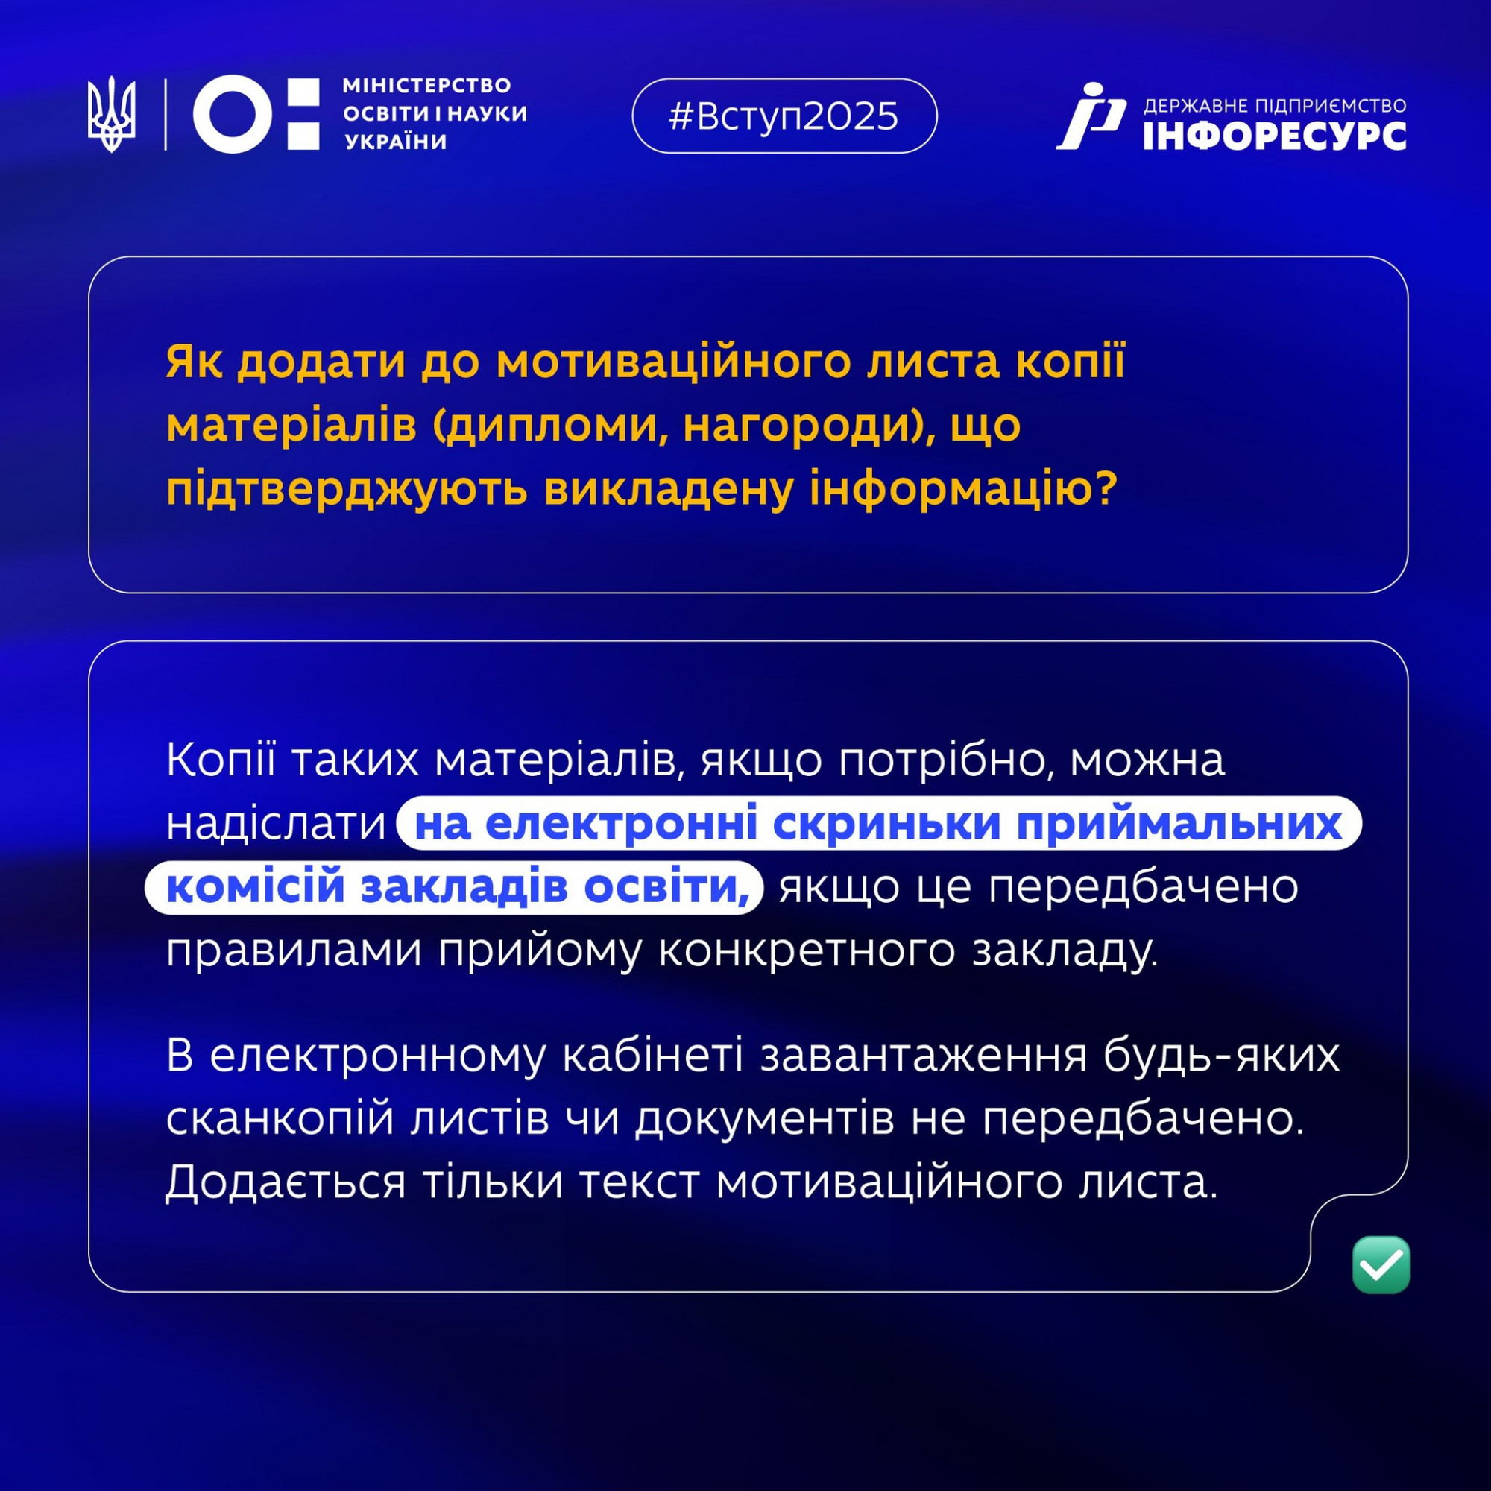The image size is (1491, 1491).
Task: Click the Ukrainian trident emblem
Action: coord(111,114)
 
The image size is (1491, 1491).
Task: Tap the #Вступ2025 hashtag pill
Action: coord(784,116)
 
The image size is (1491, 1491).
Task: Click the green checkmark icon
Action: coord(1381,1265)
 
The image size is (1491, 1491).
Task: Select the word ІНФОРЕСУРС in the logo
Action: coord(1275,136)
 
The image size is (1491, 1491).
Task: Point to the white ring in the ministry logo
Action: coord(233,114)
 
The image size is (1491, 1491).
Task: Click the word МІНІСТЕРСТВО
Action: coord(426,85)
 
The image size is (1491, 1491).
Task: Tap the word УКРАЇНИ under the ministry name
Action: coord(396,142)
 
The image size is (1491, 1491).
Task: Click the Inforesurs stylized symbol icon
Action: coord(1091,116)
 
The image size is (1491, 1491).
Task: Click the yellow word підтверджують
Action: coord(347,491)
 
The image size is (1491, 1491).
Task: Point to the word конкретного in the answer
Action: coord(807,950)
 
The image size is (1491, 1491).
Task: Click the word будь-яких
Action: coord(1220,1055)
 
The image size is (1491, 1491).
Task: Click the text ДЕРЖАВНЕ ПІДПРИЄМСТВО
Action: coord(1275,106)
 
